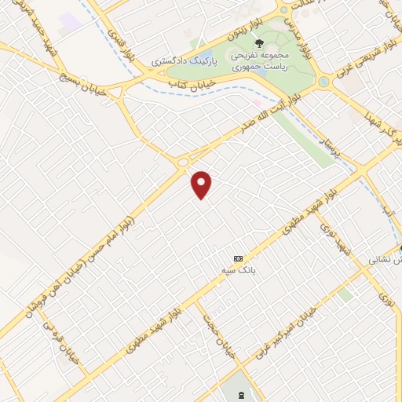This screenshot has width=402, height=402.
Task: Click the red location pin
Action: (x=202, y=184)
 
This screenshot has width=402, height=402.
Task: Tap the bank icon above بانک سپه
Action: (x=238, y=258)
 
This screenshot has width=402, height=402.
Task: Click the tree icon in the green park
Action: (x=260, y=43)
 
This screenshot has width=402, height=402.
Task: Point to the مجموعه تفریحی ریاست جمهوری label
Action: (x=259, y=61)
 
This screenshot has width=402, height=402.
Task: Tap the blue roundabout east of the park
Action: (x=323, y=82)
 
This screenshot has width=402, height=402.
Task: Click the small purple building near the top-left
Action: (x=70, y=21)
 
